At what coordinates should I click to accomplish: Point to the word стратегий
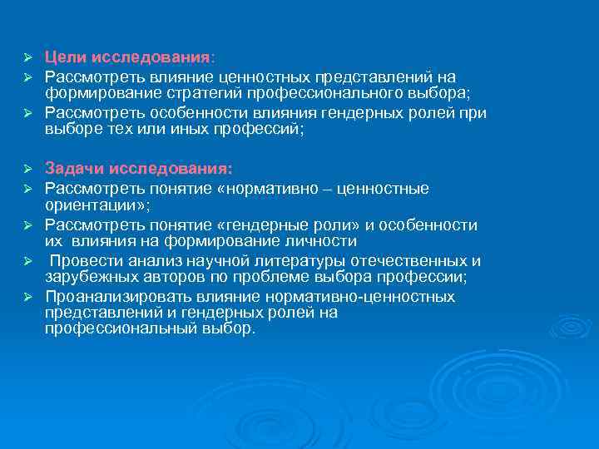tap(197, 92)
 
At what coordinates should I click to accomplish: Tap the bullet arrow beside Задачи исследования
tap(27, 169)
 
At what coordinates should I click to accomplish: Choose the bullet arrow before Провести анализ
tap(27, 261)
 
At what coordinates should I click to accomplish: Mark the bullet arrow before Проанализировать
tap(27, 297)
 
